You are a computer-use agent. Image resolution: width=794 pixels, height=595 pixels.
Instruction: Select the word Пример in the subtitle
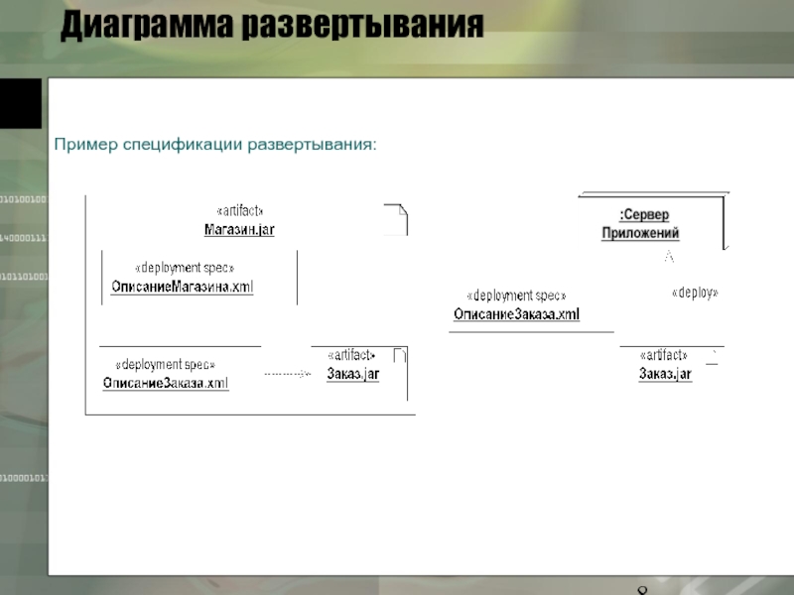point(85,146)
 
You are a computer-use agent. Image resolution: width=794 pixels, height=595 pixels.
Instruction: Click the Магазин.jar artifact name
point(239,230)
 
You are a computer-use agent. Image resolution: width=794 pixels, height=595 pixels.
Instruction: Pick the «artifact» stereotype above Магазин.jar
point(239,211)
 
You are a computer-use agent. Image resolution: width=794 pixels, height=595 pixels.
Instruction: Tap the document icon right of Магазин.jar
point(395,218)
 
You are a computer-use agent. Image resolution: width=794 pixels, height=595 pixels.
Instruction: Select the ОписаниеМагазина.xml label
point(183,288)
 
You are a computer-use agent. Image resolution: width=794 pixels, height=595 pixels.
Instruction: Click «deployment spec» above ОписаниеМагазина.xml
point(185,269)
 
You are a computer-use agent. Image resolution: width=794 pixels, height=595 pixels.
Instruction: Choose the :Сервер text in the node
point(644,215)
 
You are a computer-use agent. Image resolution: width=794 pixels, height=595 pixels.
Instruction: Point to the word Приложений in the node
point(640,234)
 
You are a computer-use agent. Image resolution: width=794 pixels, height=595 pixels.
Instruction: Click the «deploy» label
point(695,294)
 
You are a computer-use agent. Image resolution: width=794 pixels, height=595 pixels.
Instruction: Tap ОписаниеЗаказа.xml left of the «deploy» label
point(516,314)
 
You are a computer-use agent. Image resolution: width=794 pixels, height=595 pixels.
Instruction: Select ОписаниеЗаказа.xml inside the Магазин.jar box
point(166,384)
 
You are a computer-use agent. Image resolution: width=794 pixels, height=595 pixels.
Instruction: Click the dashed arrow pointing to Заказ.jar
point(288,374)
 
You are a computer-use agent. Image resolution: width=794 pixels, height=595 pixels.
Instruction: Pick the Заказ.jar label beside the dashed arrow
point(353,375)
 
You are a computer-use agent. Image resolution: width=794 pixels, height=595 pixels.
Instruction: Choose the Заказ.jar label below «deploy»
point(665,374)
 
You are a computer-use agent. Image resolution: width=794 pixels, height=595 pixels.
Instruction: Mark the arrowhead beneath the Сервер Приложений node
point(669,257)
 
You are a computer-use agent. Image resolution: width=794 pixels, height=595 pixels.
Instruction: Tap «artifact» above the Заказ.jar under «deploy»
point(663,356)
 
